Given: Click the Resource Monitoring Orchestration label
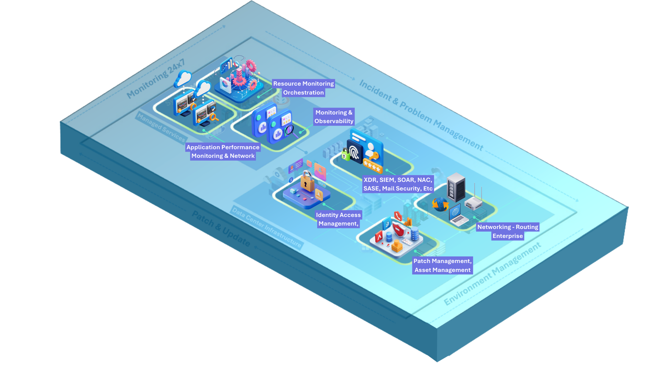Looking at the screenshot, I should point(303,88).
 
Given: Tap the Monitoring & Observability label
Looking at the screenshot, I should point(333,117).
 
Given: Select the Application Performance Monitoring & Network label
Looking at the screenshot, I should point(223,151).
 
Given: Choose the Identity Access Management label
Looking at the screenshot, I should point(338,219).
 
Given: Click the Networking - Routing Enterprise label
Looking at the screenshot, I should point(507,231).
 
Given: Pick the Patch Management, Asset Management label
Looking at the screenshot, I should point(442,266).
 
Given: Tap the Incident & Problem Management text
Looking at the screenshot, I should point(421,115).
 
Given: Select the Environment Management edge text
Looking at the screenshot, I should point(492,274).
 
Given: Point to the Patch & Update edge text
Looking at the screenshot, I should point(221,228).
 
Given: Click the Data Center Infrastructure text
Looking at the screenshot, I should point(267,227).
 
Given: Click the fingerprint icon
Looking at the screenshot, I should point(355,151).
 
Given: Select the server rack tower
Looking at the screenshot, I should point(456,187).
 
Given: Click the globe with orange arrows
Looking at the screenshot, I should point(440,204).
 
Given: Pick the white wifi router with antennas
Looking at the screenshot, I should point(474,203).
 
